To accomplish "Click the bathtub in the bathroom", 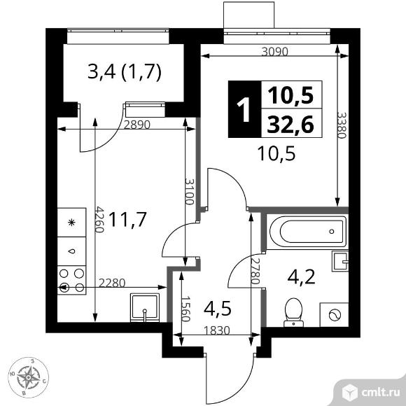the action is (x=307, y=232).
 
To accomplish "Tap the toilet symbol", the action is (x=293, y=312).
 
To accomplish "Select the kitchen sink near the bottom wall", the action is (x=145, y=307).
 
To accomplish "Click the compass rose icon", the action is (x=28, y=377).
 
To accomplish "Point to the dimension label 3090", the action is (x=274, y=52).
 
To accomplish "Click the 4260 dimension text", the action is (x=99, y=219).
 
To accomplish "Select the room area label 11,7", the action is (x=128, y=219).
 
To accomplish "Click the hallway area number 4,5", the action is (x=217, y=309).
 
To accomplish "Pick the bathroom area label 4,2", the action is (x=302, y=276).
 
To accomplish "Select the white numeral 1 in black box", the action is (x=244, y=109).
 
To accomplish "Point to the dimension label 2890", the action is (x=137, y=125).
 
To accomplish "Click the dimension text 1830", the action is (x=217, y=330).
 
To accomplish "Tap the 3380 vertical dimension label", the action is (x=342, y=125).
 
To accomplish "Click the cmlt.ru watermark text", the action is (x=380, y=393).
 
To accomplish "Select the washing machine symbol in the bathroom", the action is (x=335, y=315).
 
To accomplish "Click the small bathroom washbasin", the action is (x=340, y=261).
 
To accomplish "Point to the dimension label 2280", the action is (x=112, y=283).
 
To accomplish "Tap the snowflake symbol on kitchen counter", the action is (x=71, y=223).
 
